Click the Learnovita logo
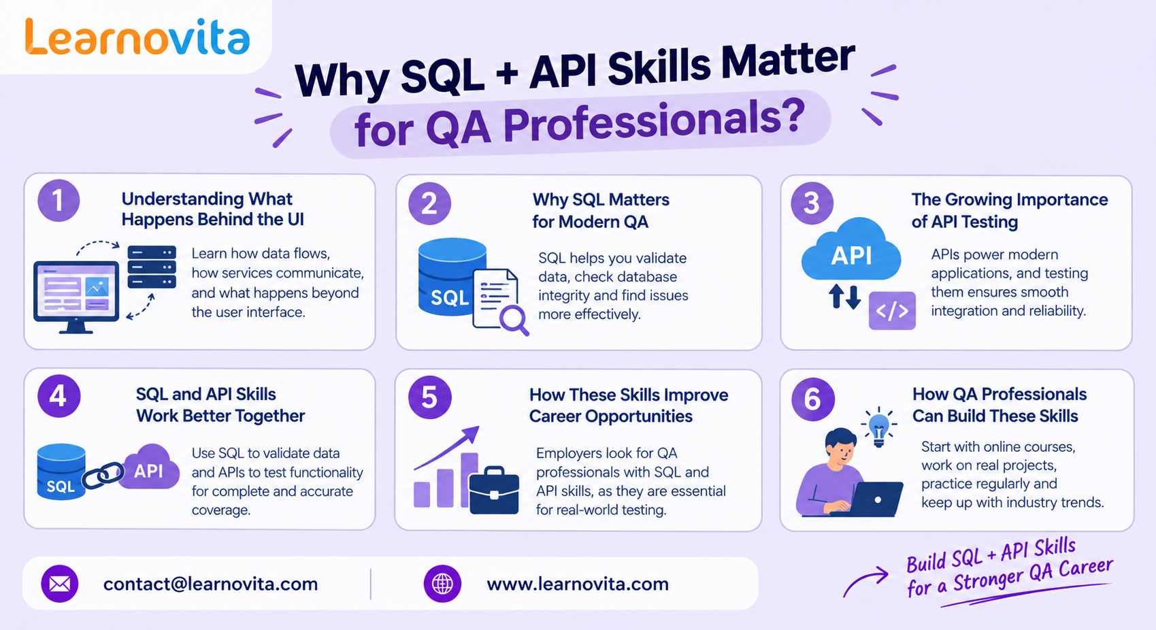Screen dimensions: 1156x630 pyautogui.click(x=137, y=37)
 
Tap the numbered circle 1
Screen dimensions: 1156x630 pyautogui.click(x=59, y=201)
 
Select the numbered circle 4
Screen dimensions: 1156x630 pyautogui.click(x=59, y=396)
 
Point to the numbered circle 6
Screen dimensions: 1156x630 pyautogui.click(x=812, y=399)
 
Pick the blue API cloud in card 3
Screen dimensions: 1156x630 pyautogui.click(x=851, y=250)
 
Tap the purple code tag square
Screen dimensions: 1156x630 pyautogui.click(x=892, y=311)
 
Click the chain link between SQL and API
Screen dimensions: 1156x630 pyautogui.click(x=103, y=475)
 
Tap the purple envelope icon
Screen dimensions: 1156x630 pyautogui.click(x=60, y=584)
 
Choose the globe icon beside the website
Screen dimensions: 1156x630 pyautogui.click(x=442, y=584)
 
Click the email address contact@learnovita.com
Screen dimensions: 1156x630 pyautogui.click(x=210, y=584)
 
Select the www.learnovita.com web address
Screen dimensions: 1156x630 pyautogui.click(x=578, y=584)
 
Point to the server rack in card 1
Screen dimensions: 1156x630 pyautogui.click(x=152, y=267)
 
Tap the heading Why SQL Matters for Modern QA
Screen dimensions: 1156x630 pyautogui.click(x=601, y=210)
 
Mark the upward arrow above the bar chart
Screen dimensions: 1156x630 pyautogui.click(x=447, y=448)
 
